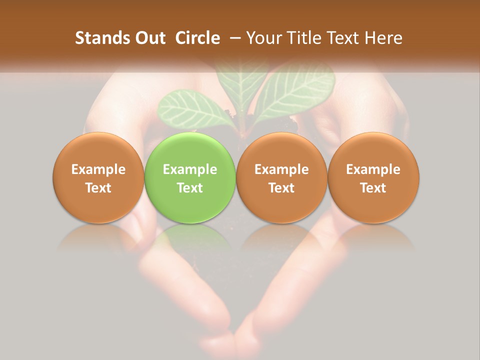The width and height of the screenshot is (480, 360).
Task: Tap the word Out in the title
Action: pos(149,38)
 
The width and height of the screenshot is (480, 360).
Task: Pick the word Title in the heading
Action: pos(306,38)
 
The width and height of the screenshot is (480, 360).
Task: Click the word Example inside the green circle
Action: pos(190,169)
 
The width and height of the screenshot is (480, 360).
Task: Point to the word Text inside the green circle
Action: pos(190,188)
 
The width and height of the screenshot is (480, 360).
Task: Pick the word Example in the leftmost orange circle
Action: pos(98,169)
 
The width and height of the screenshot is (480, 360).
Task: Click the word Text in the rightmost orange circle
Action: pos(373,188)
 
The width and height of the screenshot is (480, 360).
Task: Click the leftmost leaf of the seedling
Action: pos(192,107)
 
